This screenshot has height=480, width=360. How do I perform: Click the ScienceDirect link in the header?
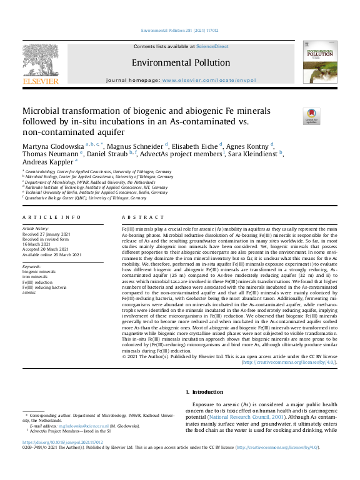pyautogui.click(x=212, y=47)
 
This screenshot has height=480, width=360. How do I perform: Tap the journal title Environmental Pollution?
pyautogui.click(x=181, y=62)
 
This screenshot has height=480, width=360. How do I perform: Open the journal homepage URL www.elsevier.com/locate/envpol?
pyautogui.click(x=207, y=81)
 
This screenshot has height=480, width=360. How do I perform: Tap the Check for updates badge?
pyautogui.click(x=311, y=116)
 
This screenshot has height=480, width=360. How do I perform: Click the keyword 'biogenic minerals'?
pyautogui.click(x=39, y=272)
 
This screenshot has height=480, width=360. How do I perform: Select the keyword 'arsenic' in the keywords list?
pyautogui.click(x=29, y=292)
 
